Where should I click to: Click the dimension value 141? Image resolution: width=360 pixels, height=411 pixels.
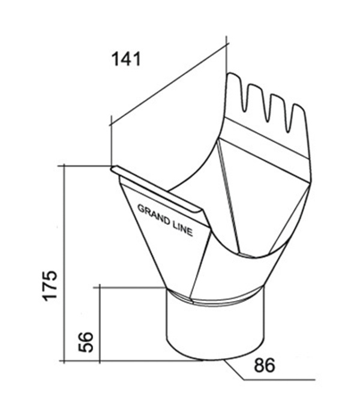pyautogui.click(x=127, y=59)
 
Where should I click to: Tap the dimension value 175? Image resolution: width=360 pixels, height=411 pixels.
pyautogui.click(x=49, y=286)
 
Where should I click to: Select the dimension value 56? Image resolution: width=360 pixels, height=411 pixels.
pyautogui.click(x=86, y=342)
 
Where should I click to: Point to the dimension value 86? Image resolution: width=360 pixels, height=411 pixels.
pyautogui.click(x=265, y=365)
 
